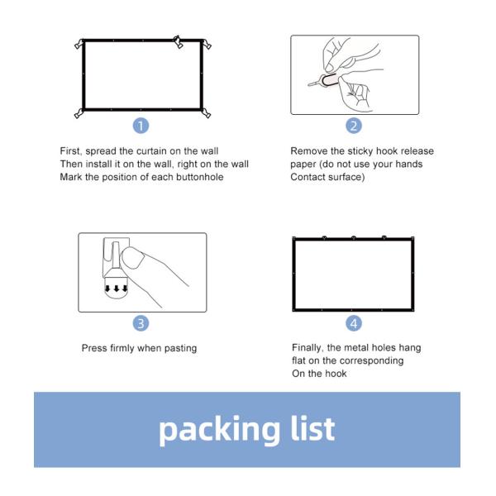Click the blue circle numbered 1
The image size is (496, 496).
click(141, 126)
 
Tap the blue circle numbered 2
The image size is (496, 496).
click(354, 126)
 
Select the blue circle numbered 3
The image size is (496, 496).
click(141, 323)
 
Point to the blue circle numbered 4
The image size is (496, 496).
click(354, 323)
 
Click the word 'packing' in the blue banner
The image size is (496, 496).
click(219, 430)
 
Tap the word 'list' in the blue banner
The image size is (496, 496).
click(312, 427)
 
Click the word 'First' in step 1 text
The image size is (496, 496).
click(71, 151)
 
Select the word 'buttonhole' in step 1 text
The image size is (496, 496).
click(199, 177)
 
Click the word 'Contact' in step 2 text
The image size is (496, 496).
click(308, 177)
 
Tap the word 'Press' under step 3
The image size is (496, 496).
click(94, 348)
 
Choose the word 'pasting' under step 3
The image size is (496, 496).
click(180, 348)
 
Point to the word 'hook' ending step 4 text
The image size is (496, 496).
click(336, 374)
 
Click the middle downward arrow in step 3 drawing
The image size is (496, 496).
click(117, 289)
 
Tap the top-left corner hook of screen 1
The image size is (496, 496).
click(79, 44)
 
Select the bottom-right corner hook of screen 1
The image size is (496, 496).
click(206, 112)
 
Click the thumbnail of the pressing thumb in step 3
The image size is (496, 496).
click(132, 258)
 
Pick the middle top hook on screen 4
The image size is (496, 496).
click(354, 237)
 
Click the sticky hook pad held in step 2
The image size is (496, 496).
click(330, 79)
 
